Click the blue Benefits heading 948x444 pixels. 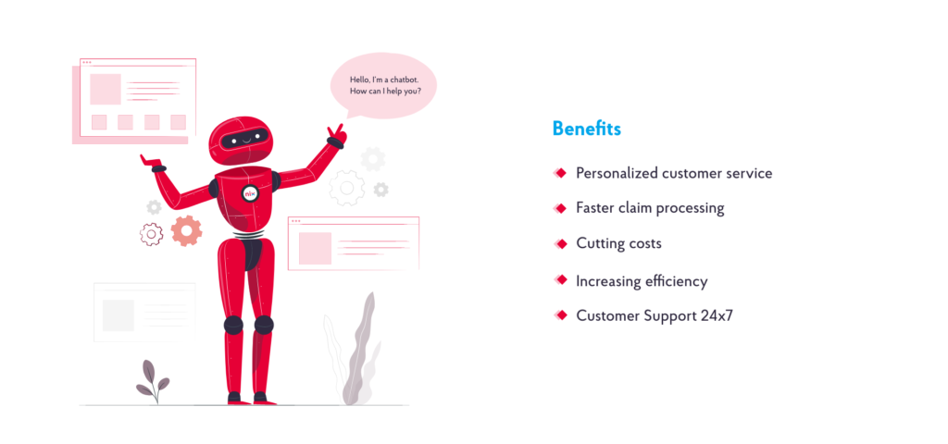[x=586, y=129]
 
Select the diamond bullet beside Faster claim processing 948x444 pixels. [x=560, y=208]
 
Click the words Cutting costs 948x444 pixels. [x=618, y=243]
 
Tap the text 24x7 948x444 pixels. [x=717, y=316]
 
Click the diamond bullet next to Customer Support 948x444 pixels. [x=560, y=315]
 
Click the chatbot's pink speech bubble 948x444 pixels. [x=383, y=86]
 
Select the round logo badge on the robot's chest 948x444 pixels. [x=249, y=193]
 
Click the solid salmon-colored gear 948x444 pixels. [x=186, y=230]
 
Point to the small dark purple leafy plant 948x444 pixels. [x=153, y=382]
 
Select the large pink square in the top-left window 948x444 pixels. [x=106, y=90]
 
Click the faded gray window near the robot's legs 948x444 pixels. [x=144, y=313]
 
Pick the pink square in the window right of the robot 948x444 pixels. [x=315, y=248]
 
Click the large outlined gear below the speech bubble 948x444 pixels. [x=347, y=188]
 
